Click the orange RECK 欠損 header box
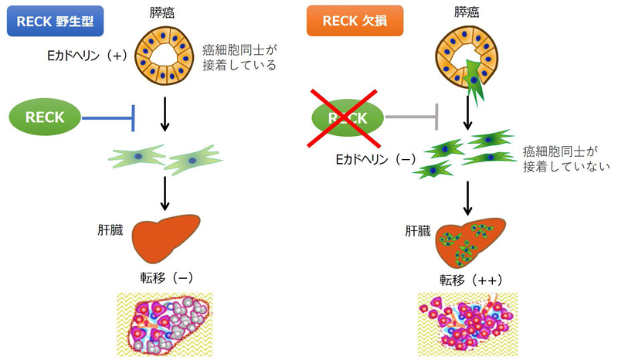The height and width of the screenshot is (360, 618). (x=355, y=22)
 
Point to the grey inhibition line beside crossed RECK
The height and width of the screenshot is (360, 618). (x=413, y=118)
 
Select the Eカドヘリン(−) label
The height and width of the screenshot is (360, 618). (x=376, y=158)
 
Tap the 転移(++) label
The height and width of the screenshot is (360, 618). (x=467, y=279)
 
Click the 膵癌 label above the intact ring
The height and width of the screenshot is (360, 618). (x=165, y=12)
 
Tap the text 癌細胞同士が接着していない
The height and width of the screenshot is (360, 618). (x=566, y=158)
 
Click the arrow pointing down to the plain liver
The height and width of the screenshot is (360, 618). (x=165, y=192)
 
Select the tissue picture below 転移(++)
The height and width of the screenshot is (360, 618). (x=467, y=323)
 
